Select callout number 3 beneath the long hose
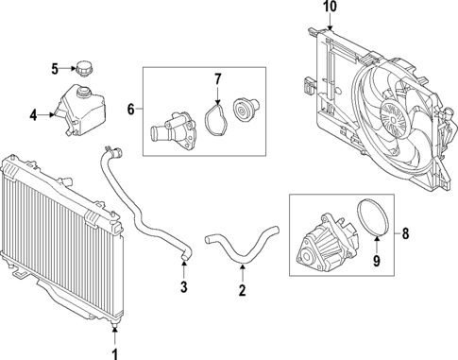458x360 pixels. (x=184, y=286)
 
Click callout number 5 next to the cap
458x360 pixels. (x=55, y=68)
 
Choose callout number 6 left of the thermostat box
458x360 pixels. (x=131, y=111)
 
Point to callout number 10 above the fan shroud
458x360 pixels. (x=329, y=8)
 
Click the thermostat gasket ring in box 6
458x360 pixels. (x=216, y=119)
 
